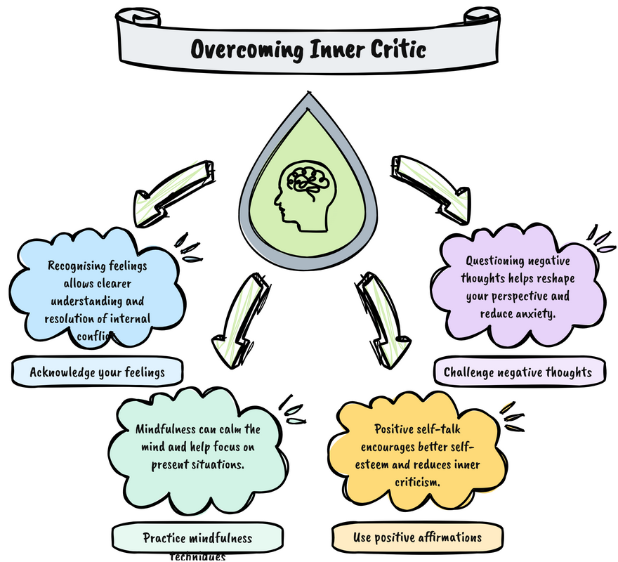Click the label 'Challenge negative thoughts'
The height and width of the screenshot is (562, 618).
coord(518,372)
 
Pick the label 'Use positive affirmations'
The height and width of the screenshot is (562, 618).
coord(417,537)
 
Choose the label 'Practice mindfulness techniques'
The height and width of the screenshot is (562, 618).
coord(197,540)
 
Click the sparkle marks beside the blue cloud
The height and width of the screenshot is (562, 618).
coord(187,247)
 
